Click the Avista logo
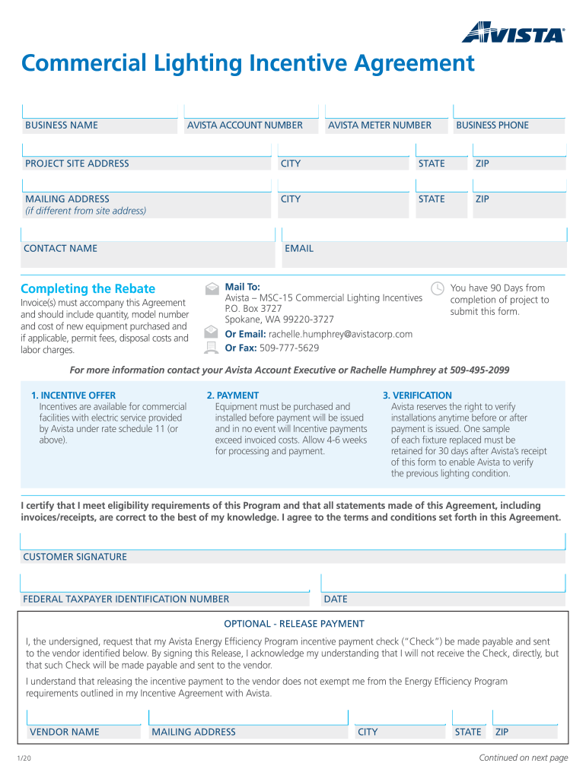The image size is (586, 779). [513, 33]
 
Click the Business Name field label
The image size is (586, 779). [62, 126]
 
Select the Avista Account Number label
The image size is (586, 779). [245, 126]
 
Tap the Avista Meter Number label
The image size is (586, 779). [380, 126]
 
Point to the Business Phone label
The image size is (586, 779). [492, 126]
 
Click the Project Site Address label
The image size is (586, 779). [77, 164]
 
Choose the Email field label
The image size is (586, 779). [299, 249]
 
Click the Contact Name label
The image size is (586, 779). [61, 249]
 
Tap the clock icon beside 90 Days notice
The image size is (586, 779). [438, 288]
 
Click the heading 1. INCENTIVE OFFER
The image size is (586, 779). [74, 396]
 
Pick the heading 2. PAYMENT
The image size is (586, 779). [233, 396]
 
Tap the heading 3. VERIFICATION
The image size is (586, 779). [417, 396]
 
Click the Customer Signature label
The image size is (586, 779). [75, 557]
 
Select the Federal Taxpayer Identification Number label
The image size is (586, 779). [126, 599]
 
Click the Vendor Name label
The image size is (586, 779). [64, 733]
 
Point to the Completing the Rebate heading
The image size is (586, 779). [88, 289]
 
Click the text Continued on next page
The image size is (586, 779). [524, 758]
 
